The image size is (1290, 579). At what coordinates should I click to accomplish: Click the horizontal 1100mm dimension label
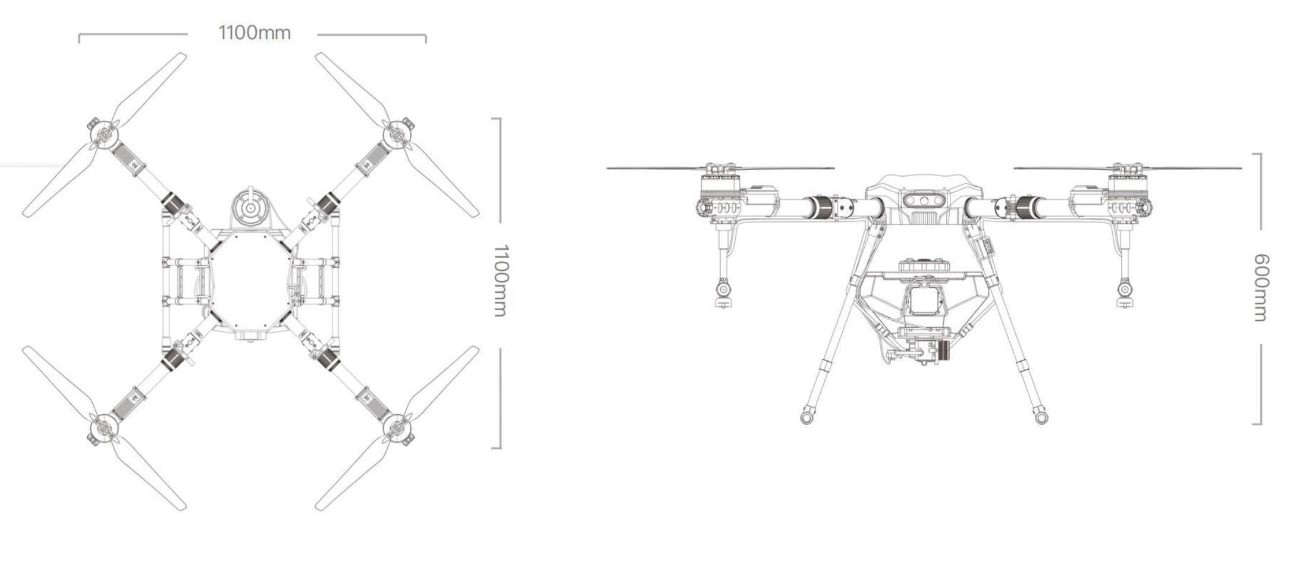[255, 32]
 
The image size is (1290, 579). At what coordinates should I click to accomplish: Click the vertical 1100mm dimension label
[501, 280]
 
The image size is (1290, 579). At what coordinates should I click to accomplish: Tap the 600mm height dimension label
[1261, 287]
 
